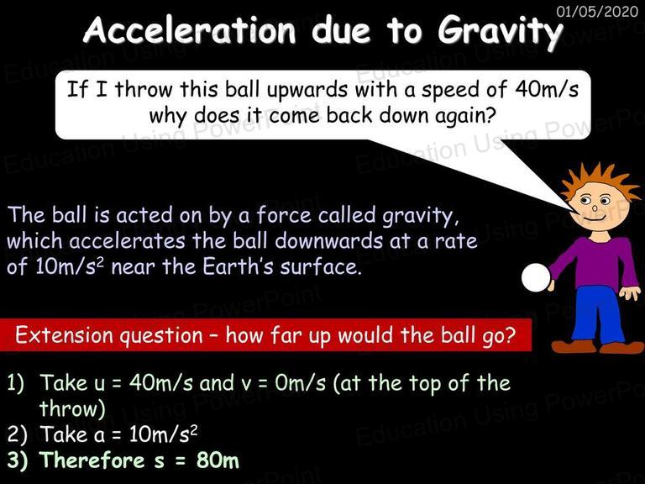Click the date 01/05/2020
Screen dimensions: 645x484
[597, 11]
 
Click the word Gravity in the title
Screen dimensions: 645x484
[501, 32]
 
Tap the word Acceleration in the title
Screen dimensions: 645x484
[189, 29]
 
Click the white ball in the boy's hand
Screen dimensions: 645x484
[536, 278]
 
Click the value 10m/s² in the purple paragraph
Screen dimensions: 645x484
[70, 266]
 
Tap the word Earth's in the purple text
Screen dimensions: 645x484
[238, 266]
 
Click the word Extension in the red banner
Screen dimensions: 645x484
[65, 335]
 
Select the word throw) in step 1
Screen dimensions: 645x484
[72, 408]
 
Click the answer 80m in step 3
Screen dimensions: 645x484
[218, 460]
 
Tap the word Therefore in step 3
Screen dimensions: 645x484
[92, 460]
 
